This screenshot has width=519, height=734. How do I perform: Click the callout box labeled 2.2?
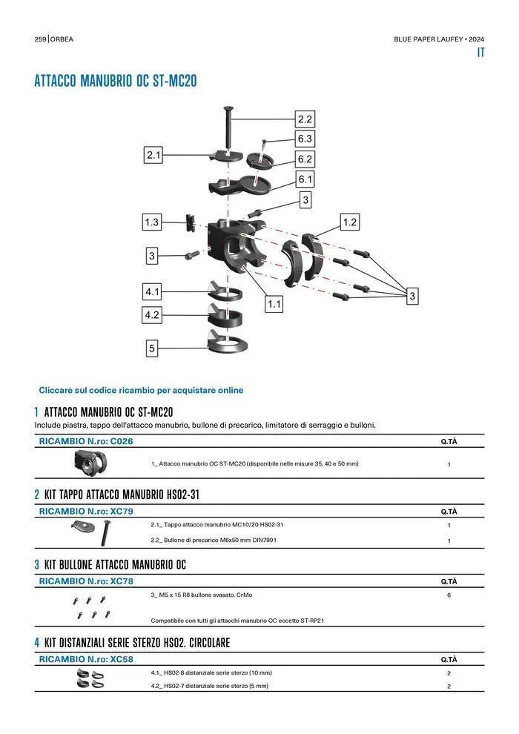point(305,119)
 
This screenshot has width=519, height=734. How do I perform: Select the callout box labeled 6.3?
point(305,139)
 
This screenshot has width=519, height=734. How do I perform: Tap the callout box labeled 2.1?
point(153,155)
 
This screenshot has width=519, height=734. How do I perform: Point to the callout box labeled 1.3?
point(152,222)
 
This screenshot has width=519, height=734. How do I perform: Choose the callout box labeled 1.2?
point(350,222)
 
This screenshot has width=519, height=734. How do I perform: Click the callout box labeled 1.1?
point(274,303)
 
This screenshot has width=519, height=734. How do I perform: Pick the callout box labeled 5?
point(152,348)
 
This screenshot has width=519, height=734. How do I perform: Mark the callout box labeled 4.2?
point(152,315)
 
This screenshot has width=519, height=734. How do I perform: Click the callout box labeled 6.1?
point(305,179)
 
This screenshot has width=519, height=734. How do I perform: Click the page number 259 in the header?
point(41,39)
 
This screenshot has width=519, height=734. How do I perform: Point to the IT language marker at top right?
point(480,53)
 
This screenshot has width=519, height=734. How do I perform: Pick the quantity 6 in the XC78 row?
point(449,595)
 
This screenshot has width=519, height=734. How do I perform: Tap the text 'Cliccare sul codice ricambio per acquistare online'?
point(141,390)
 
